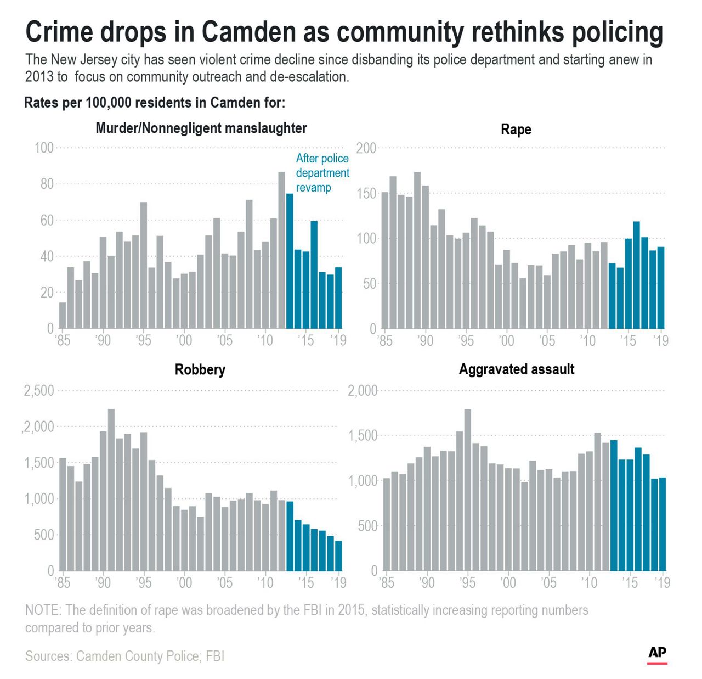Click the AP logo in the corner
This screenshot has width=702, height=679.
(657, 654)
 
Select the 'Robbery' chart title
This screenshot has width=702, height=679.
(200, 369)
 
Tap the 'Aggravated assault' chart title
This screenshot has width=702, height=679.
(516, 369)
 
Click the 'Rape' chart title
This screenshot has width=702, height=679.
(516, 130)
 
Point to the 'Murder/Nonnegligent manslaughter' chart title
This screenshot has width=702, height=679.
(201, 128)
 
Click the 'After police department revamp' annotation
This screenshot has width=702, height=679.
(322, 173)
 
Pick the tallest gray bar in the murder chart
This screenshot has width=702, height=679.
(281, 250)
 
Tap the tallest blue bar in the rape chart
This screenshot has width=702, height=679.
(636, 274)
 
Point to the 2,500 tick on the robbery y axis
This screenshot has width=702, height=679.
(39, 391)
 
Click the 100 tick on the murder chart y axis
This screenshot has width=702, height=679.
(44, 148)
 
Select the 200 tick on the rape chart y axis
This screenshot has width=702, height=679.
(366, 148)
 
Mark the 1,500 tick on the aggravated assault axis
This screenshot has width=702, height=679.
(363, 436)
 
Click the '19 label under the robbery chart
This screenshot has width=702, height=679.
(338, 582)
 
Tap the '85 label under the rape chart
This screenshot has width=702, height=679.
(385, 341)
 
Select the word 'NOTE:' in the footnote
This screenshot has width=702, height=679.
(43, 610)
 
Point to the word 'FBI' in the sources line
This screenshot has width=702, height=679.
(215, 656)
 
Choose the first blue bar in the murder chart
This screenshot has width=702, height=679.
(290, 261)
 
